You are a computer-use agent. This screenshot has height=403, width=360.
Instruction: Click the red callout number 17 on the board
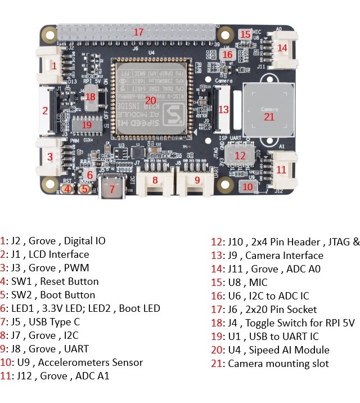pyautogui.click(x=139, y=32)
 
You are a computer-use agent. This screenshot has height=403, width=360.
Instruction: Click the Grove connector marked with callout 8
pyautogui.click(x=155, y=180)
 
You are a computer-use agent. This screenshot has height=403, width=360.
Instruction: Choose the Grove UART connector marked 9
pyautogui.click(x=197, y=180)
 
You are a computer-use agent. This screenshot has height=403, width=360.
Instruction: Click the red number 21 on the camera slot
pyautogui.click(x=269, y=117)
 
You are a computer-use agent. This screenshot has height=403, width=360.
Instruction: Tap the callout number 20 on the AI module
pyautogui.click(x=150, y=101)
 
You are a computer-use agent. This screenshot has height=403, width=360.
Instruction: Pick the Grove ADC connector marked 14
pyautogui.click(x=282, y=48)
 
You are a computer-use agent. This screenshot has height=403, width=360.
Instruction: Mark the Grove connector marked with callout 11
pyautogui.click(x=281, y=169)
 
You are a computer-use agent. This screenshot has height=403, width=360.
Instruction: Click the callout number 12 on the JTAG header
pyautogui.click(x=240, y=155)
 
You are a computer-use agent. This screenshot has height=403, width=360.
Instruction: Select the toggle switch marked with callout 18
pyautogui.click(x=91, y=97)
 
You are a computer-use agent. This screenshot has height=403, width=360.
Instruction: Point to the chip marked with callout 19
pyautogui.click(x=86, y=124)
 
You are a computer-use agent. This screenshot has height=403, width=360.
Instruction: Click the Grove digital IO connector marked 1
pyautogui.click(x=54, y=65)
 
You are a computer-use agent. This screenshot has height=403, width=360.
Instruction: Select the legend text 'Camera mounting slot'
pyautogui.click(x=278, y=364)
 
